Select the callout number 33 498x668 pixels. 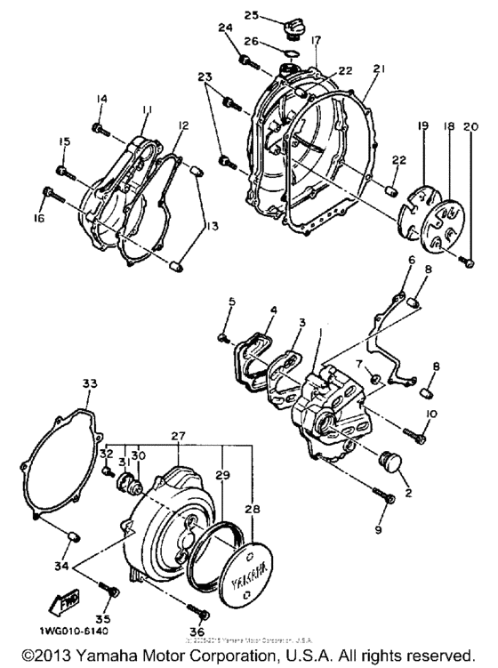pos(89,383)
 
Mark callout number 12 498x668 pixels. pos(182,126)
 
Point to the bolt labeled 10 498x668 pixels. pos(415,433)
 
